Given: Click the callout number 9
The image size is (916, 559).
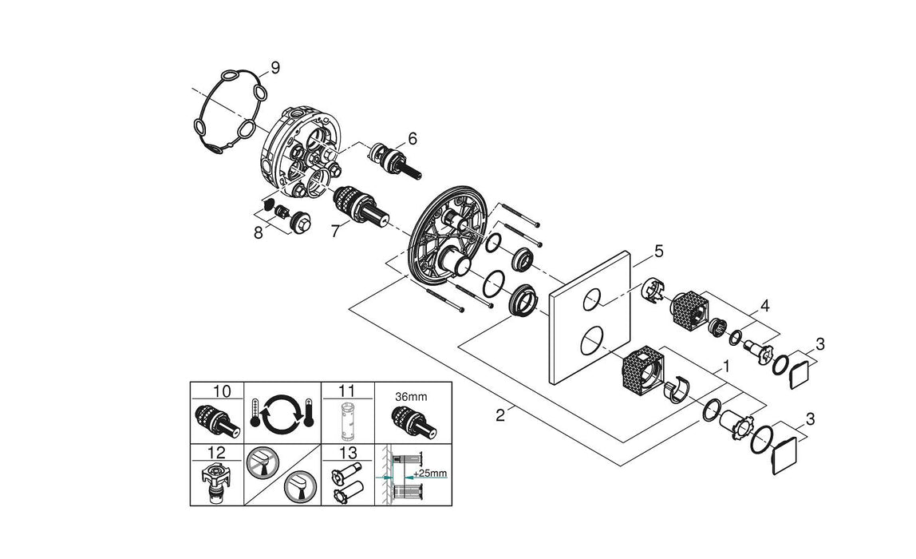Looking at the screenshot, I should coord(275,68).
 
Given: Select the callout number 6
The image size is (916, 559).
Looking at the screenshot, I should coord(413,138).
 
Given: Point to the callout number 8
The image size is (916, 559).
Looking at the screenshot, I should coord(258,233).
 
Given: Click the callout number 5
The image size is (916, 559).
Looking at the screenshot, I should coord(658,252).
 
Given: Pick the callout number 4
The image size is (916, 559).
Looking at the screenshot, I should coord(764,305).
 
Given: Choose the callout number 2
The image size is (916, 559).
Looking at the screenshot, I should coord(500,414).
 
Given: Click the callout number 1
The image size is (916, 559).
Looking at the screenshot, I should coord(725,367).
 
